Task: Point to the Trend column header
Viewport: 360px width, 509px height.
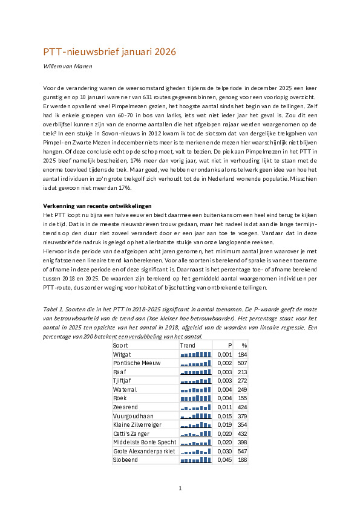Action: [x=188, y=345]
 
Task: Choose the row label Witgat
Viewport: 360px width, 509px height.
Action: [x=122, y=354]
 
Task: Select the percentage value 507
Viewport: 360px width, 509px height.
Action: [x=243, y=363]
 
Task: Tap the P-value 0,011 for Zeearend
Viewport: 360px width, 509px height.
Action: [x=224, y=407]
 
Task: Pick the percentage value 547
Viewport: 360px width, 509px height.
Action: [x=243, y=451]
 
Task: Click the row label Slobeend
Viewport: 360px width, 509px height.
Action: [x=125, y=460]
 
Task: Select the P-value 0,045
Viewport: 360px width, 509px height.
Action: [x=224, y=460]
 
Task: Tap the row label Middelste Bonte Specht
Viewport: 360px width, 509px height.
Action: [x=143, y=443]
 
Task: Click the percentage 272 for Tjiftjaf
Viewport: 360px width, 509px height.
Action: [x=243, y=380]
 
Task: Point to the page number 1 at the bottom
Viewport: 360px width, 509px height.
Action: [x=180, y=488]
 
